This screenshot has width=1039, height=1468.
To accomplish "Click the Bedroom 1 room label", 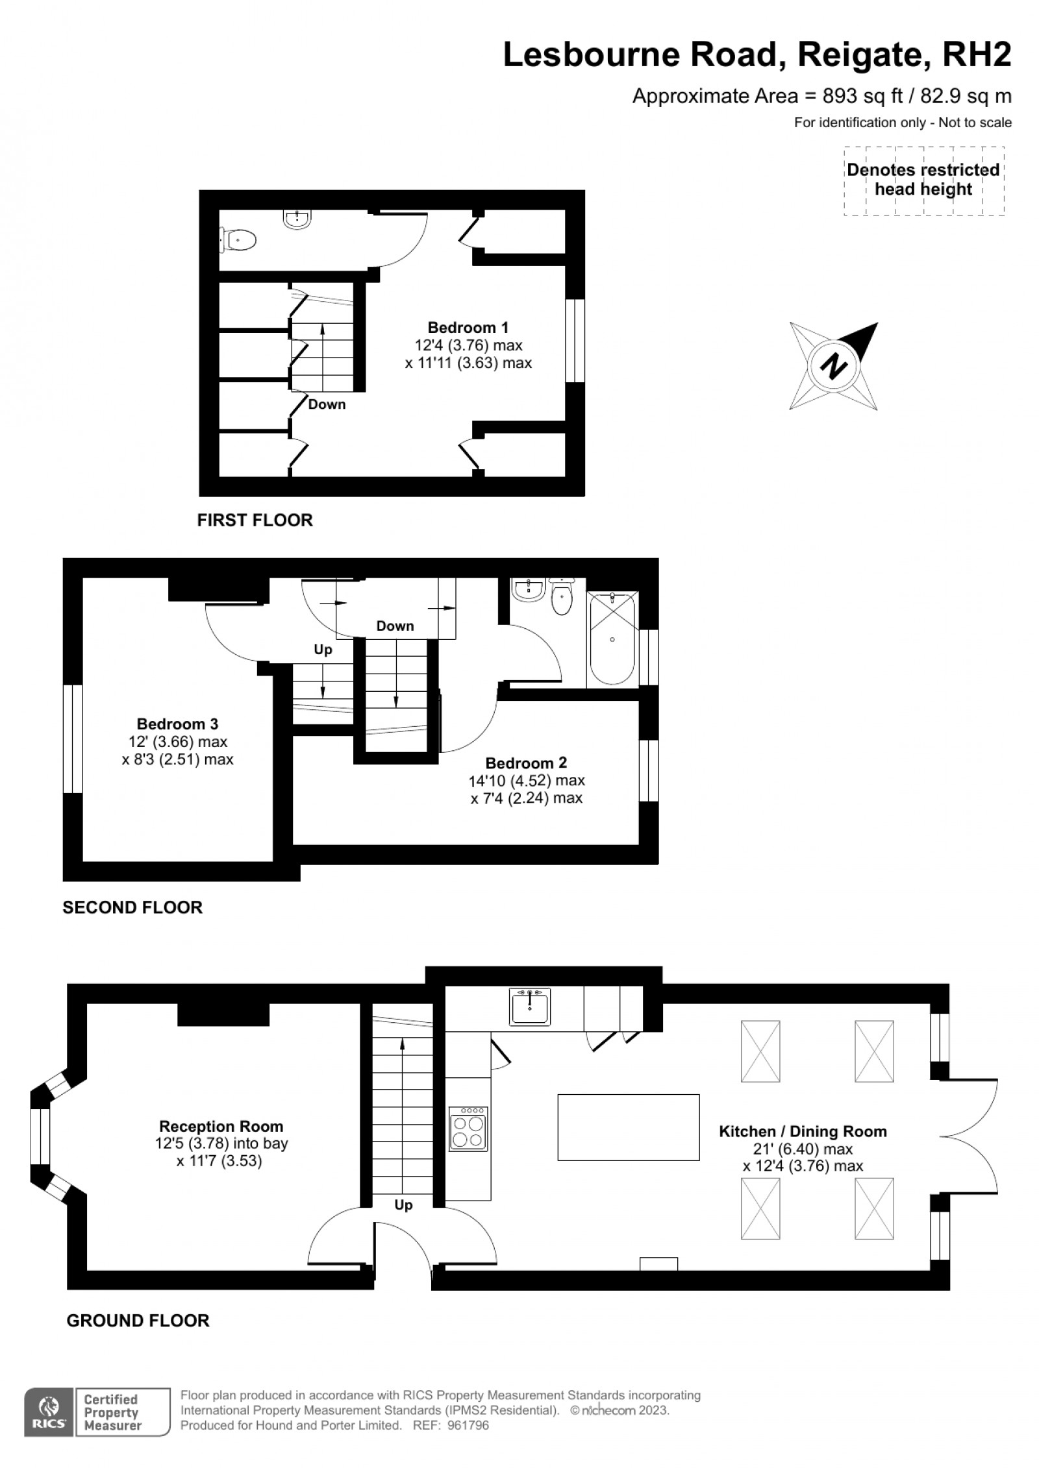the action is tap(468, 328).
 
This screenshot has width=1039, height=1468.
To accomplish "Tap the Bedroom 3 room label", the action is tap(177, 724).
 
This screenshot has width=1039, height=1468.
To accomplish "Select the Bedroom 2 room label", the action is tap(526, 763).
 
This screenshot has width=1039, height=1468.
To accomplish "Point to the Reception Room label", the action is tap(221, 1126).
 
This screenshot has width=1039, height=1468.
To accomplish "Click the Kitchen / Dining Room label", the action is tap(803, 1131).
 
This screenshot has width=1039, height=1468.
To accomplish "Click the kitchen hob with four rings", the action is tap(468, 1130).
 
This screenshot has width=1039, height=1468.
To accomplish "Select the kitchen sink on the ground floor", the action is tap(530, 1007).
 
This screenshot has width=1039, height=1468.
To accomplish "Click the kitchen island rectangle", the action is tap(629, 1127).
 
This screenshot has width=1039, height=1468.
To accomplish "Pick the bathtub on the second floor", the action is tap(612, 639).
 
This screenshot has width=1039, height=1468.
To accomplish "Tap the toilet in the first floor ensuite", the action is tap(238, 241).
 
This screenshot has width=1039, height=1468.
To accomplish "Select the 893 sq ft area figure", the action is tap(862, 96).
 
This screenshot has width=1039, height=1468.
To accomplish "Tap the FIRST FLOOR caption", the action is tap(255, 520).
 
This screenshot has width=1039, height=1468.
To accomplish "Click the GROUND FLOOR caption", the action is tap(138, 1321).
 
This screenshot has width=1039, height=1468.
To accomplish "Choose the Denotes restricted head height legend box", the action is tap(923, 180).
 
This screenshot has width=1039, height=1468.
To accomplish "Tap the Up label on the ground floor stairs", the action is tap(403, 1205).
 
